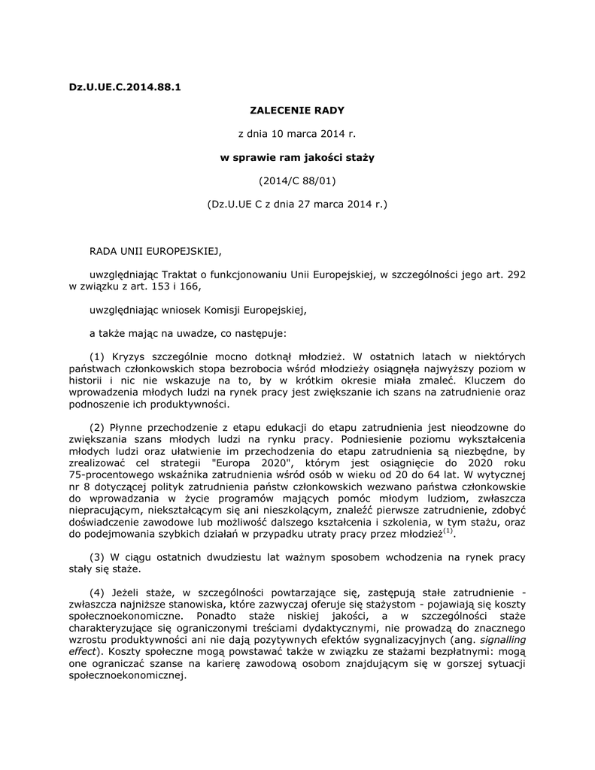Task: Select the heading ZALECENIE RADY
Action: pos(296,110)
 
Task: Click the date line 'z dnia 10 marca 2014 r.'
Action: pos(296,134)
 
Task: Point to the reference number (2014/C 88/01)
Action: pos(296,180)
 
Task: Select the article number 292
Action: pos(517,274)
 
